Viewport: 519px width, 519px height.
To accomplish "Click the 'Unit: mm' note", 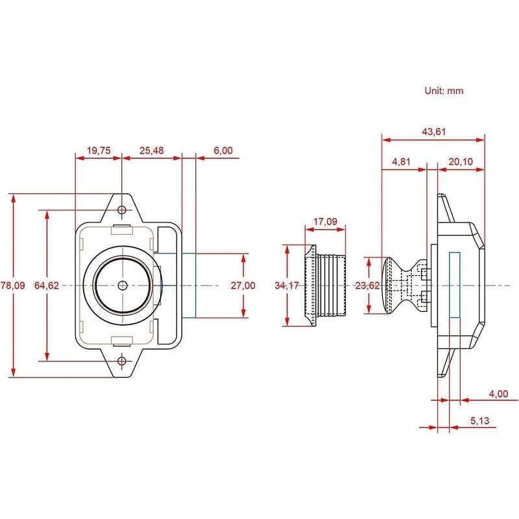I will pyautogui.click(x=444, y=91).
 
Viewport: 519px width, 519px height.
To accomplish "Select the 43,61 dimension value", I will pyautogui.click(x=434, y=131).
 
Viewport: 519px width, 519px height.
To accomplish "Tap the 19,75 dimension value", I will pyautogui.click(x=99, y=151).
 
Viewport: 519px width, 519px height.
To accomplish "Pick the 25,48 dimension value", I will pyautogui.click(x=151, y=151).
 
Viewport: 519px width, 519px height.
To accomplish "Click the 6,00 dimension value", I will pyautogui.click(x=223, y=151).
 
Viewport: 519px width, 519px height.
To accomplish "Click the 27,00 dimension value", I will pyautogui.click(x=243, y=285).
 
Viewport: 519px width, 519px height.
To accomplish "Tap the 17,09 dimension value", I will pyautogui.click(x=326, y=222).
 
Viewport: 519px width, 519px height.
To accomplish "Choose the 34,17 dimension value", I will pyautogui.click(x=286, y=285).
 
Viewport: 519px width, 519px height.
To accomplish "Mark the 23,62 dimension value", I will pyautogui.click(x=367, y=285).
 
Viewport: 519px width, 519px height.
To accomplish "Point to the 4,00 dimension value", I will pyautogui.click(x=500, y=393).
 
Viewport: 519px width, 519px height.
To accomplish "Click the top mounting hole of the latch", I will pyautogui.click(x=121, y=210).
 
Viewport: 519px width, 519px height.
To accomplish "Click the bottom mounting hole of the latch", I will pyautogui.click(x=121, y=361).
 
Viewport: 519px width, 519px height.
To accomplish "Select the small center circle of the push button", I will pyautogui.click(x=122, y=285).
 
